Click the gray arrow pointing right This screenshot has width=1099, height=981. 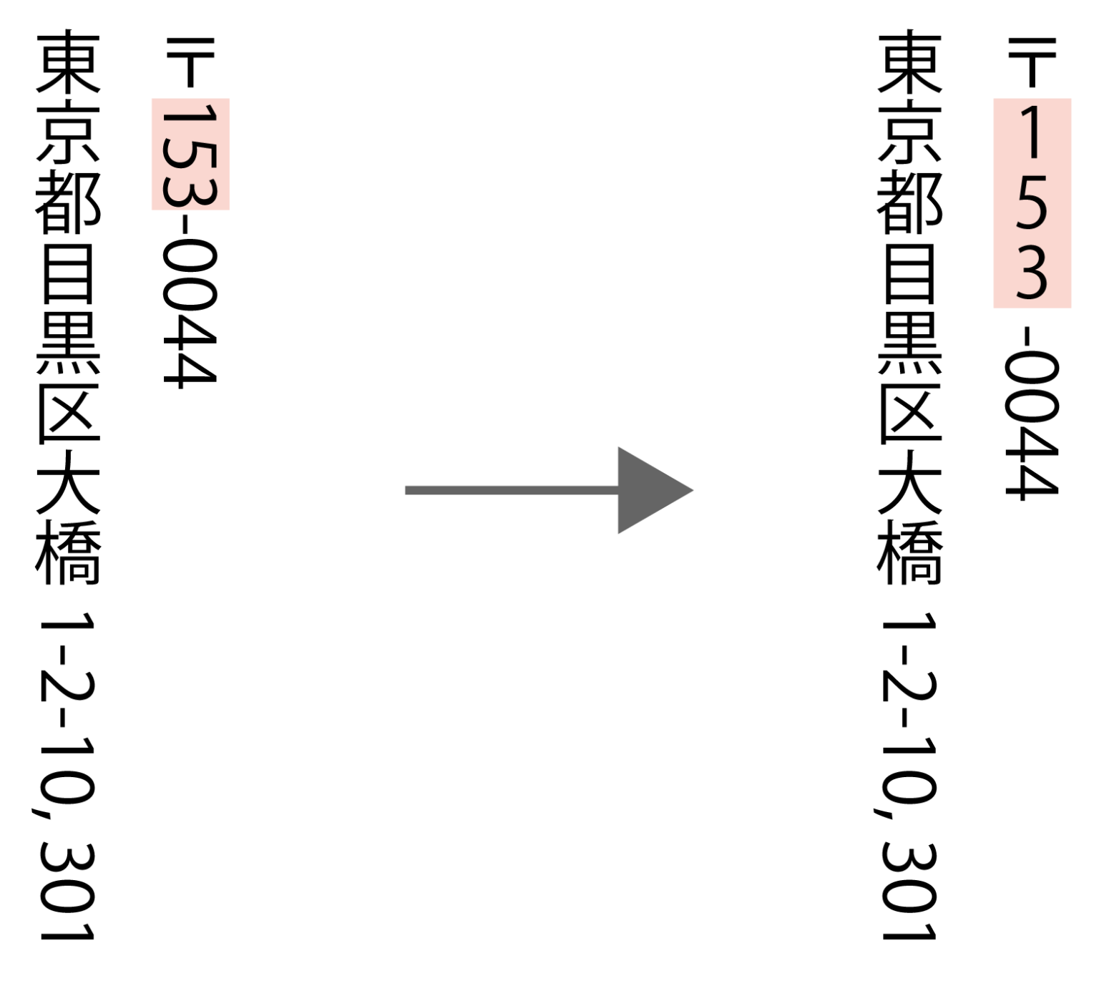tap(548, 490)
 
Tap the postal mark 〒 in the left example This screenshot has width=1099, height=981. tap(190, 62)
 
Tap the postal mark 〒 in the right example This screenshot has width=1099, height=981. tap(1032, 62)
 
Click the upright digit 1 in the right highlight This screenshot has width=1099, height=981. tap(1032, 132)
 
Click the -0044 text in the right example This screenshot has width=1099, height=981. tap(1032, 413)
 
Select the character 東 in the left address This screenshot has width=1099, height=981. tap(69, 62)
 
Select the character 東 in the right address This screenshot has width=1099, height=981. tap(909, 62)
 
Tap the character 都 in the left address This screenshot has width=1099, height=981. tap(69, 203)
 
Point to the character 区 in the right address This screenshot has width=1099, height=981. tap(910, 414)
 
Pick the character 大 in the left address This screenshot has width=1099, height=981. tap(69, 484)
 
